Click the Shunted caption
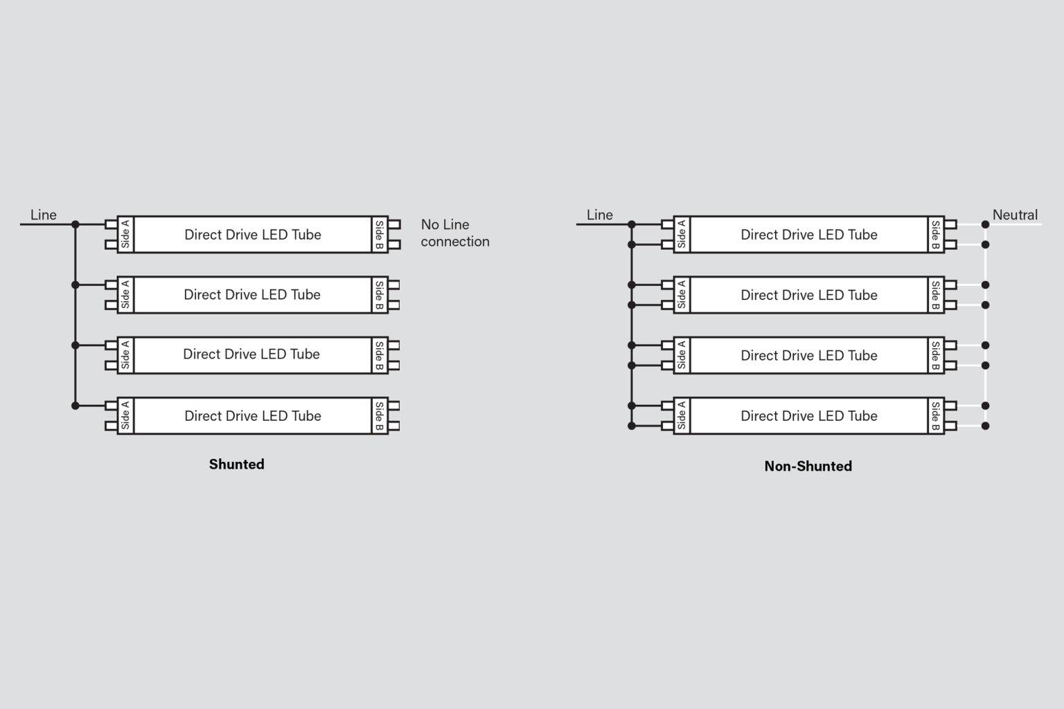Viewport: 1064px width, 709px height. point(236,464)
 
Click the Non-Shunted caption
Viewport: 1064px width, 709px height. point(808,466)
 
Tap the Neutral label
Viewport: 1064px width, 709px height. point(1015,215)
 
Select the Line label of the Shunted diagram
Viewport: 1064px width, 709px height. point(43,215)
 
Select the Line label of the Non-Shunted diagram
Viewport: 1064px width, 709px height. point(599,215)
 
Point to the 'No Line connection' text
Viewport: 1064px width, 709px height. point(454,233)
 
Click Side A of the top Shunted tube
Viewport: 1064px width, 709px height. point(125,234)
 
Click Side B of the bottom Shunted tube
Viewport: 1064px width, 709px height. point(380,415)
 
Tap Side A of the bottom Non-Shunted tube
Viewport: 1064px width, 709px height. point(682,415)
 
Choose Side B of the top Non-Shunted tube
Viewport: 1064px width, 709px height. point(936,234)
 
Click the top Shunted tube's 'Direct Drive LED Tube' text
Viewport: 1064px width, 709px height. point(252,235)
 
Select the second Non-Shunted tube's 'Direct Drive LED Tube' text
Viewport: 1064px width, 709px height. point(808,295)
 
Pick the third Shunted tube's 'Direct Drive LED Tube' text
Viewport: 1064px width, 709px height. point(251,354)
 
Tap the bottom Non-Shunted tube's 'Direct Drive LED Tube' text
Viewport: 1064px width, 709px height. point(808,416)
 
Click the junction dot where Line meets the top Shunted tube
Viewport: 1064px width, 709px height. point(76,224)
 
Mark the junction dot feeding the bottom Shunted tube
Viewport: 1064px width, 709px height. point(76,406)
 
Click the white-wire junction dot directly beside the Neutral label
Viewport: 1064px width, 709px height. point(985,224)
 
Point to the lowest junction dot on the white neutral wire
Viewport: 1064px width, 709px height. point(985,426)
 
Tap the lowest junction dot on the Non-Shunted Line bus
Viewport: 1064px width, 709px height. point(632,426)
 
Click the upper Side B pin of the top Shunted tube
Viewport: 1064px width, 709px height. point(394,224)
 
